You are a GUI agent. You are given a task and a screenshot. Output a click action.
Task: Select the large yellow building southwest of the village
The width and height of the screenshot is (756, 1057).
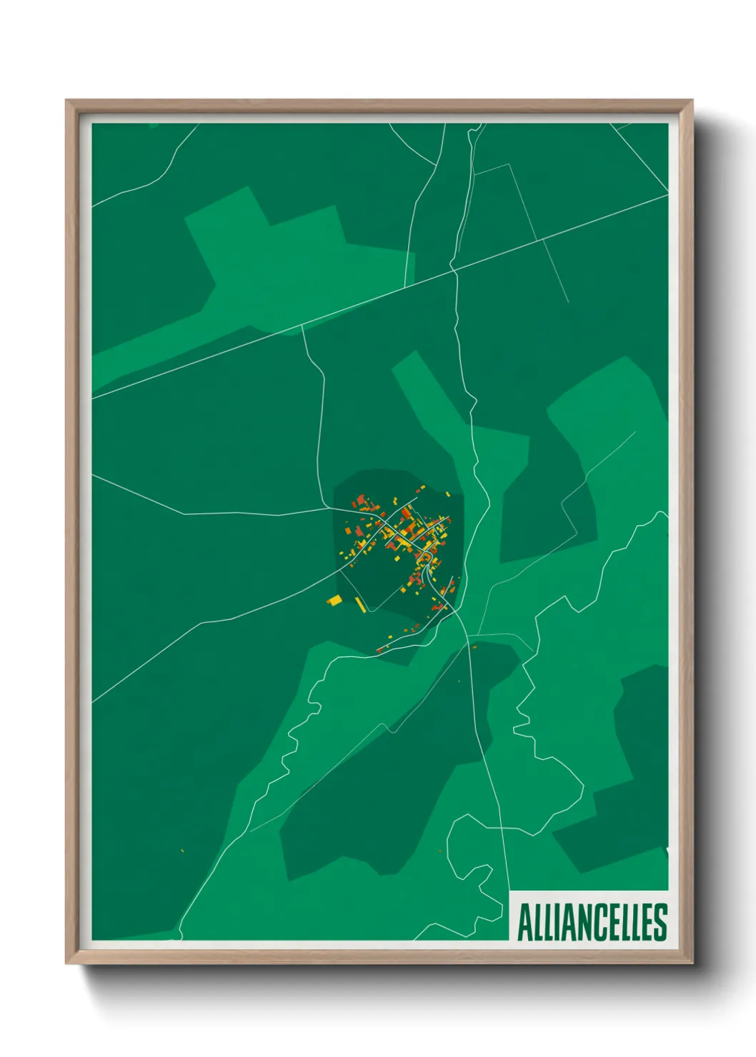(334, 601)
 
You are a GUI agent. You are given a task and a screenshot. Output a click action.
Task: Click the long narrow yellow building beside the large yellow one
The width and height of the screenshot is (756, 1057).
(361, 605)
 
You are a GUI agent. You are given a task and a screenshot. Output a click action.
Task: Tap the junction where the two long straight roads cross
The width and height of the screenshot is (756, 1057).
(452, 269)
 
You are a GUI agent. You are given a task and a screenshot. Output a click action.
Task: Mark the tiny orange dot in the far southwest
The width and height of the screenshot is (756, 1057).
(183, 850)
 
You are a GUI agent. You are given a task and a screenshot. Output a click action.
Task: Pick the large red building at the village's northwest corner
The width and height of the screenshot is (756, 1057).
(362, 499)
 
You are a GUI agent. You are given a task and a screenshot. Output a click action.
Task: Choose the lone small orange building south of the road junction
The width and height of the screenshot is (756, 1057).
(474, 647)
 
